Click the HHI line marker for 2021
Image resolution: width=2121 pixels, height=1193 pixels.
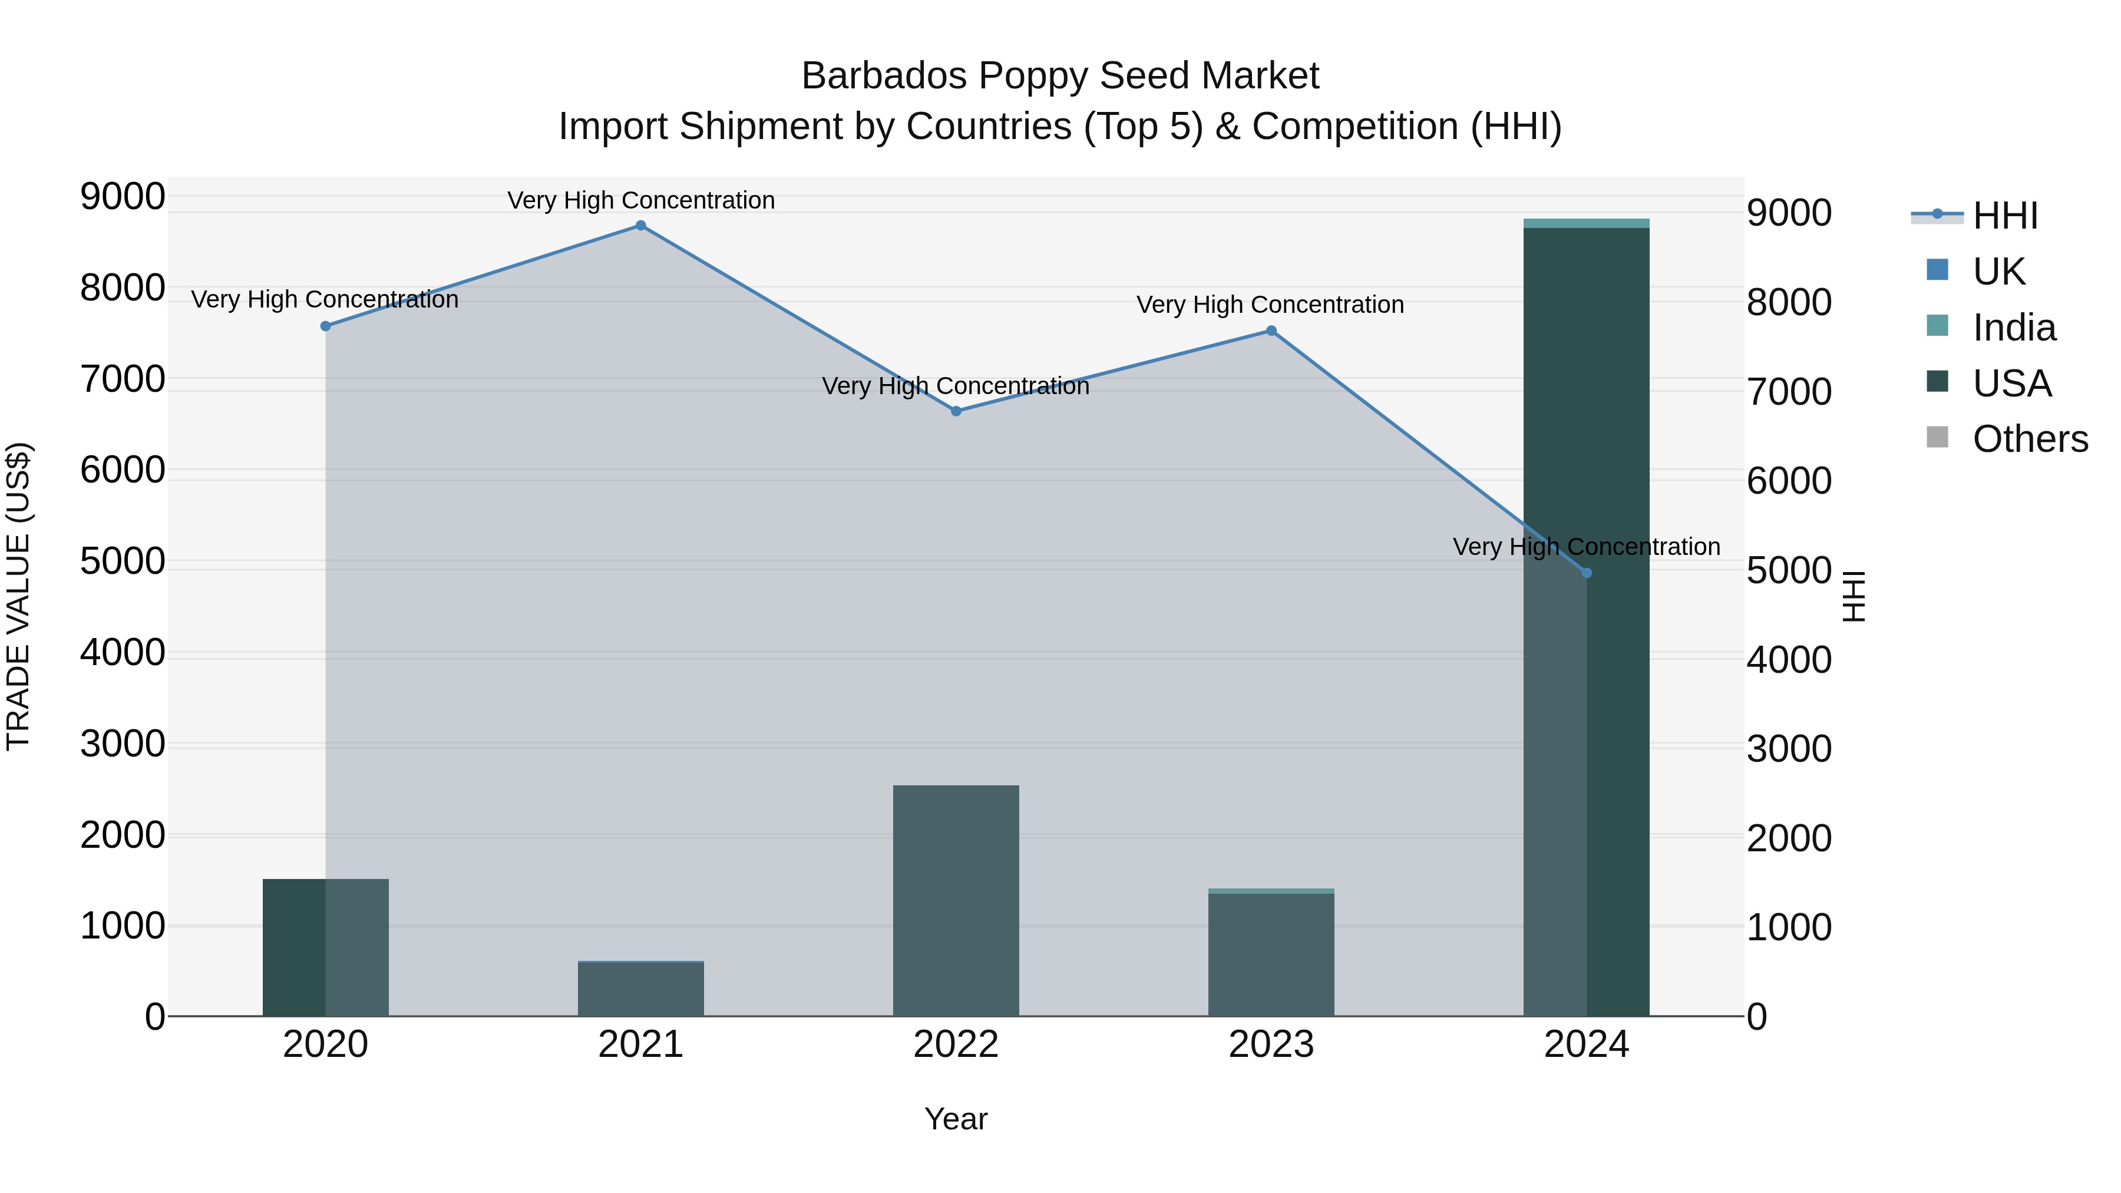click(640, 226)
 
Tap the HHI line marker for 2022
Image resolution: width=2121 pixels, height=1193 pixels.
click(956, 411)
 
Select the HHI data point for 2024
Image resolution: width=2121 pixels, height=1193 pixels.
click(1587, 573)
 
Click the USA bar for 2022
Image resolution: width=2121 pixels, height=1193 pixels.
click(956, 901)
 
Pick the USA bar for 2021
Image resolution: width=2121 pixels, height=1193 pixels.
click(640, 990)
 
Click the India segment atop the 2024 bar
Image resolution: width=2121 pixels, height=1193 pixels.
click(1587, 223)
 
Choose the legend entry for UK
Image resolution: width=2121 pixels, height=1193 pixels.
click(1998, 272)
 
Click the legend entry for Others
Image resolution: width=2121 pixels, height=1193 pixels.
click(2030, 439)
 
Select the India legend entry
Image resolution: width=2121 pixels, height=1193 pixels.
click(2013, 328)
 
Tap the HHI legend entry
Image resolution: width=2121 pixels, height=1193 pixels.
click(2004, 216)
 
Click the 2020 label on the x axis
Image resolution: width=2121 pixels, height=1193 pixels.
click(325, 1045)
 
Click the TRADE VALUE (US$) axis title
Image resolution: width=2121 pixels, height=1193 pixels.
click(18, 596)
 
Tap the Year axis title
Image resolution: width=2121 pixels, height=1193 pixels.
click(956, 1119)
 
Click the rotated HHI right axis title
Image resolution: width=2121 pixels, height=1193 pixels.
click(1854, 596)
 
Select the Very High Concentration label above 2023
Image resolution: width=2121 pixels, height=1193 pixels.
click(1270, 305)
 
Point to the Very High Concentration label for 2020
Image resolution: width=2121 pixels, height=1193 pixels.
click(325, 300)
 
